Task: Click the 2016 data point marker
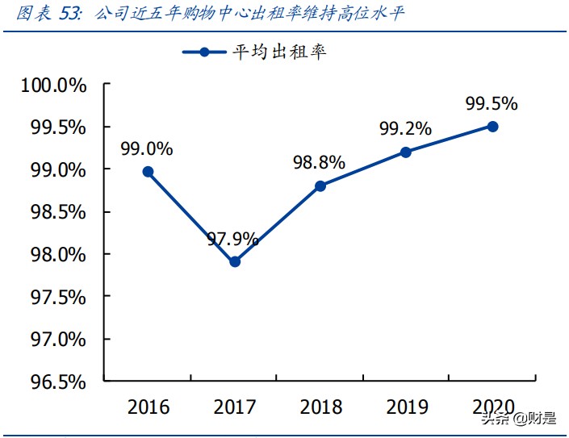point(148,172)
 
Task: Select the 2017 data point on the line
point(235,261)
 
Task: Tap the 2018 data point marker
point(320,186)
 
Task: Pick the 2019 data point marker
point(406,152)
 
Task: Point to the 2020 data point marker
point(492,127)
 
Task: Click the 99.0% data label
point(147,149)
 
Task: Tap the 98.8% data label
point(319,163)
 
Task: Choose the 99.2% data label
point(405,128)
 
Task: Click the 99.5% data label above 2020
point(492,104)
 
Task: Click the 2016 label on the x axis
point(149,407)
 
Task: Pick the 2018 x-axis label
point(320,407)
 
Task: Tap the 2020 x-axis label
point(492,407)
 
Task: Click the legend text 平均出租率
point(279,52)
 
